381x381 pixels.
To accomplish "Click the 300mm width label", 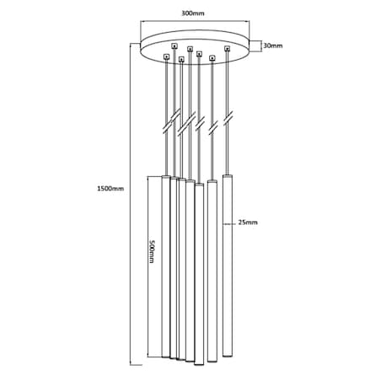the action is pyautogui.click(x=193, y=13).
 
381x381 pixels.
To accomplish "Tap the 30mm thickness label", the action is pyautogui.click(x=273, y=46).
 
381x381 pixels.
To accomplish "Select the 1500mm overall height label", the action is pyautogui.click(x=110, y=188).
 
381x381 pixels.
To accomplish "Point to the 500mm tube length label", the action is pyautogui.click(x=152, y=251).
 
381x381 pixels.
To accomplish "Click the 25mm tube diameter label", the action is pyautogui.click(x=248, y=223).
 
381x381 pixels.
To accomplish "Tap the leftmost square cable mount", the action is pyautogui.click(x=167, y=57).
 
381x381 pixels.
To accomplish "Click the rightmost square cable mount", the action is pyautogui.click(x=227, y=49).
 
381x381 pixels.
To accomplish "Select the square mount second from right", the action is pyautogui.click(x=212, y=58).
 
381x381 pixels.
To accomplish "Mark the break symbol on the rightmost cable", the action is pyautogui.click(x=228, y=119).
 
